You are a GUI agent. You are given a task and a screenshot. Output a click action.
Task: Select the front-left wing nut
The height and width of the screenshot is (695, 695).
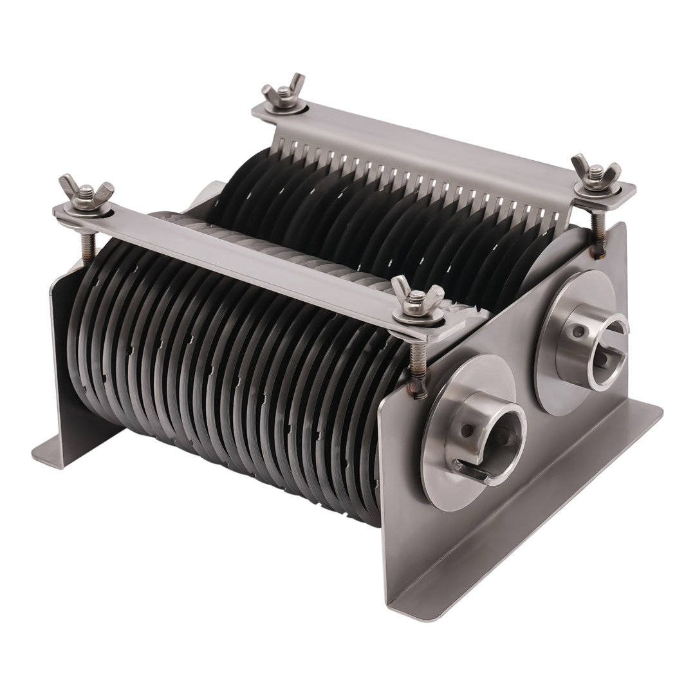86,190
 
